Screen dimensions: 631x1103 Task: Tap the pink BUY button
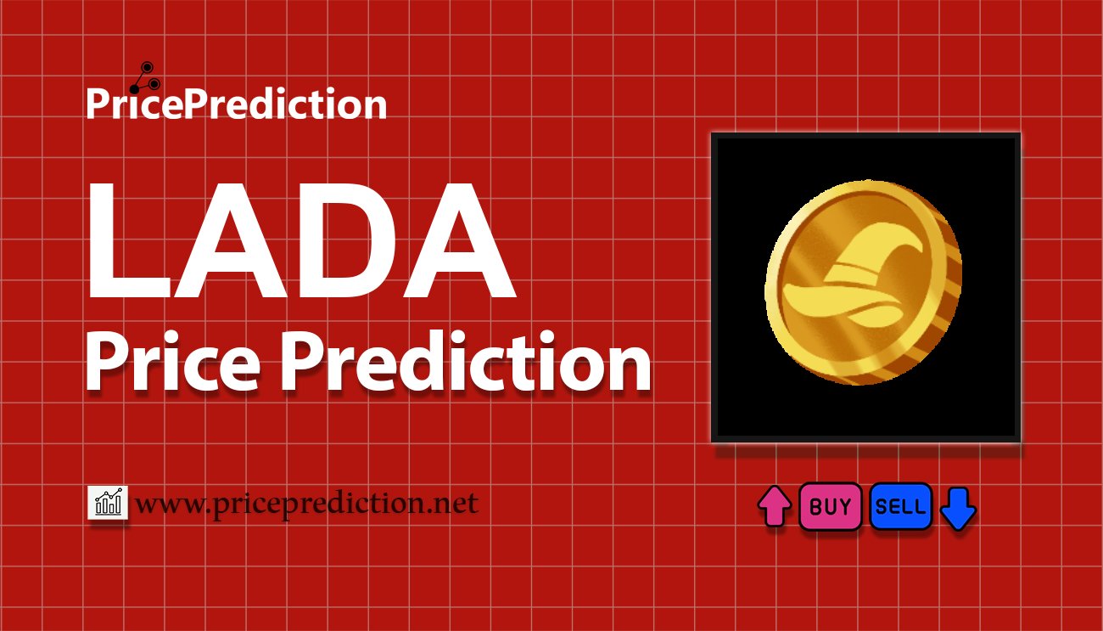830,507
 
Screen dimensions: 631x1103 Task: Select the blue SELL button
900,507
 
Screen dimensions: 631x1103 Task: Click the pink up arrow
774,507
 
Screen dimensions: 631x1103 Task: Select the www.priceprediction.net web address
306,504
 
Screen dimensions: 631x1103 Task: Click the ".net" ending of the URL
454,504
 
